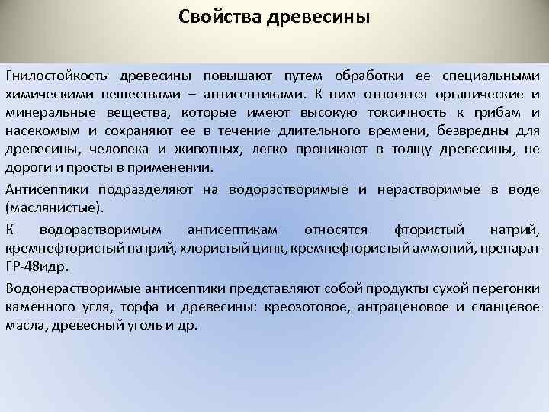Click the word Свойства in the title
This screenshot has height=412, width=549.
(x=219, y=17)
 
